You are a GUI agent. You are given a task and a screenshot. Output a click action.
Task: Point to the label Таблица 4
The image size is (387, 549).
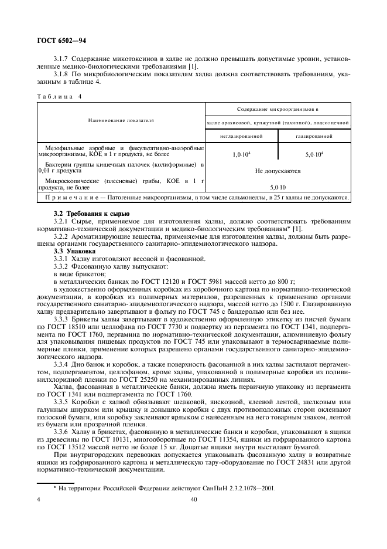click(59, 96)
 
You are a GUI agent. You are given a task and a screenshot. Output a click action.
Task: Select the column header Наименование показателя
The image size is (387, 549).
click(121, 120)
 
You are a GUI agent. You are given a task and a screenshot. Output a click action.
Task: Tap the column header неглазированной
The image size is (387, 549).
click(241, 135)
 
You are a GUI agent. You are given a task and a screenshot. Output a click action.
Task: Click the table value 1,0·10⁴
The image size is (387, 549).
click(241, 154)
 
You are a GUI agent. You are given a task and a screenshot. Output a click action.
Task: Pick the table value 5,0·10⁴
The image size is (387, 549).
click(314, 154)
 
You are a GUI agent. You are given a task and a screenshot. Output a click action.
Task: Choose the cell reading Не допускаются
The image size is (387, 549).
click(278, 171)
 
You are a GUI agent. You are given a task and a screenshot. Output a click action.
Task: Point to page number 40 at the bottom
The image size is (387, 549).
click(193, 500)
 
